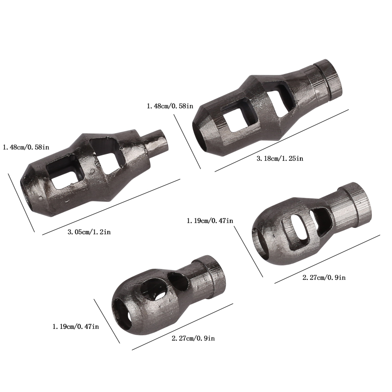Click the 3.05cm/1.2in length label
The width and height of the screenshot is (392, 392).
(89, 232)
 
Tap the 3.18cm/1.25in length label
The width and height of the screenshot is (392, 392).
(280, 158)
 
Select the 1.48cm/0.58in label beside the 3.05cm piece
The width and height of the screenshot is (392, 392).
(26, 147)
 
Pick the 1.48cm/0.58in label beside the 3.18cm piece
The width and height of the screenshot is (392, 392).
(170, 106)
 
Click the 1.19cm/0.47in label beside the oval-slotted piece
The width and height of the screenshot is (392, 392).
(210, 221)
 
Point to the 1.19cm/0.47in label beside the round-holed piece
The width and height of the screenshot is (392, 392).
(75, 326)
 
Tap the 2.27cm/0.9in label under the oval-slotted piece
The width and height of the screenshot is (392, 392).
(324, 277)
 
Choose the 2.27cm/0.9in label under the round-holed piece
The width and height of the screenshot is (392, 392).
(193, 339)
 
